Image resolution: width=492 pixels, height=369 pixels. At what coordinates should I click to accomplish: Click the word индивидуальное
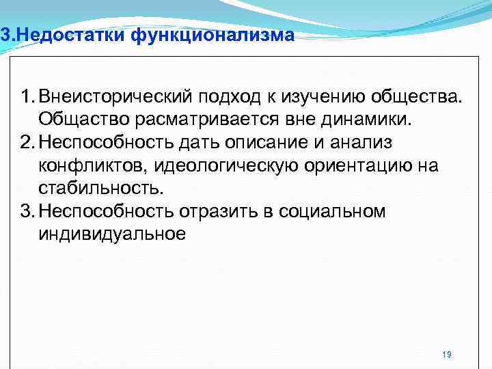(112, 235)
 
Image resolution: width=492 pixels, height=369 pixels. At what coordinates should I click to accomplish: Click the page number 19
(447, 355)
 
